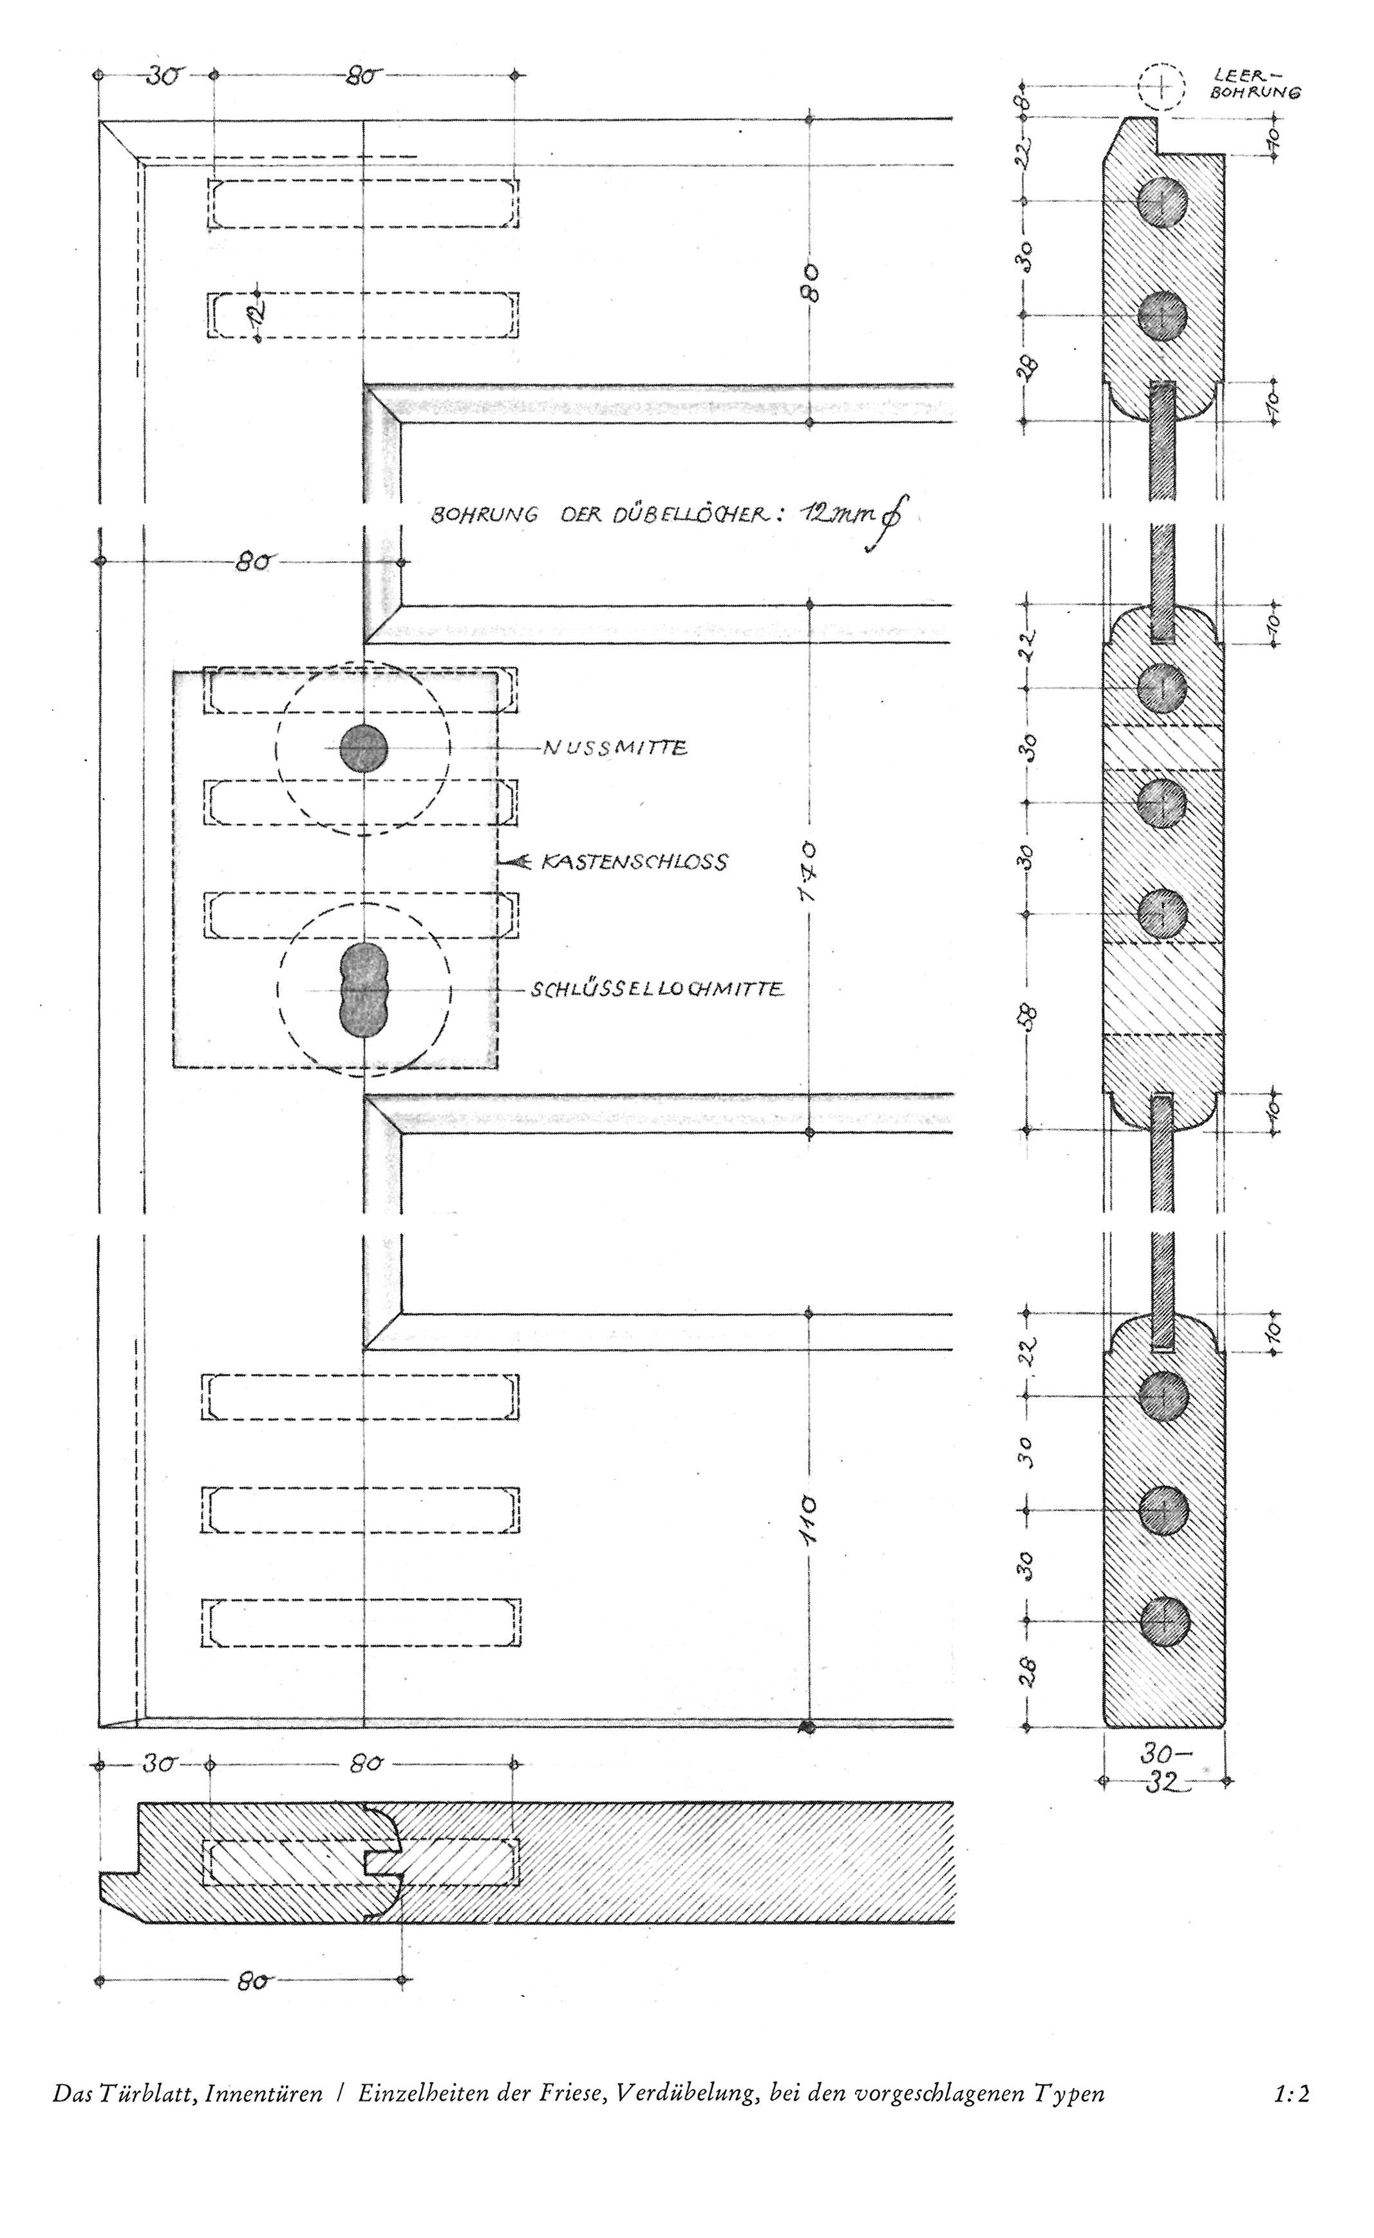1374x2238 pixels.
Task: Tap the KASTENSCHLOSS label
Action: (x=634, y=862)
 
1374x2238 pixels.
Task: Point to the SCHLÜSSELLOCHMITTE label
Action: (x=657, y=988)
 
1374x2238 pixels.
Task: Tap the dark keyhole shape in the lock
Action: (x=364, y=989)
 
